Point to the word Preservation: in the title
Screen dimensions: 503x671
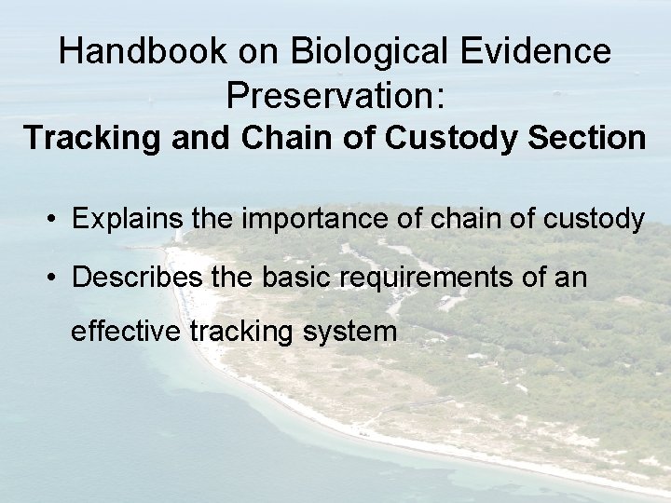point(335,94)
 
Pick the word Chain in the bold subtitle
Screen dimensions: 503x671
point(273,138)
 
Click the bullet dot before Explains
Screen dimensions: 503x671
point(57,220)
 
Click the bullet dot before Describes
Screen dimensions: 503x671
point(57,278)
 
